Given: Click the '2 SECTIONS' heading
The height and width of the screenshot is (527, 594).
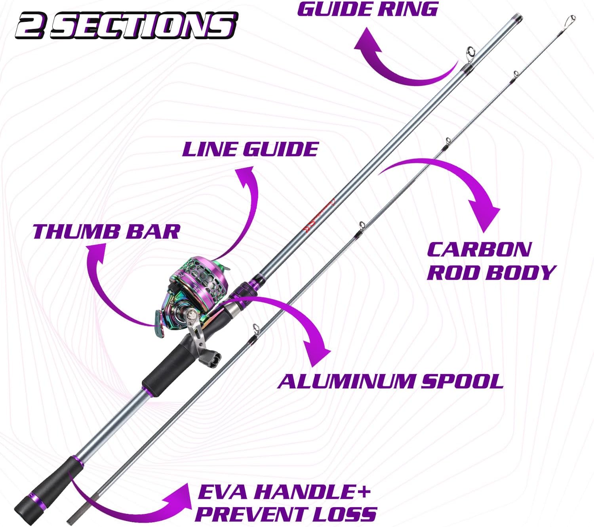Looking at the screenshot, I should [126, 25].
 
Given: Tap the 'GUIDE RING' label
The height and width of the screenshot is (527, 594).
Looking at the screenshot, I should [367, 9].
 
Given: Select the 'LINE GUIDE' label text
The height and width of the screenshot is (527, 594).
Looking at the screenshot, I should [250, 149].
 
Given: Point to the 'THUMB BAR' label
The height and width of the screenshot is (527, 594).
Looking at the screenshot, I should [106, 231].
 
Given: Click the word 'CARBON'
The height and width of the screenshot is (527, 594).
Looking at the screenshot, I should [479, 249].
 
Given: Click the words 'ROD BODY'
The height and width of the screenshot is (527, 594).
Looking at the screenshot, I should [491, 273].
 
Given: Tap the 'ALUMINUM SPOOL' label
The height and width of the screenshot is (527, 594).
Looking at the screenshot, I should [390, 381].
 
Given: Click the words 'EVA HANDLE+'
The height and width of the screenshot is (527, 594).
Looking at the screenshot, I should [284, 492].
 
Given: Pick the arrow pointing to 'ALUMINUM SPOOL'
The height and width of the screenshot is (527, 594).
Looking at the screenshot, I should [293, 321].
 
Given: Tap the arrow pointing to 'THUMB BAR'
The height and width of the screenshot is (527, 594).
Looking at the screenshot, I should [107, 289].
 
